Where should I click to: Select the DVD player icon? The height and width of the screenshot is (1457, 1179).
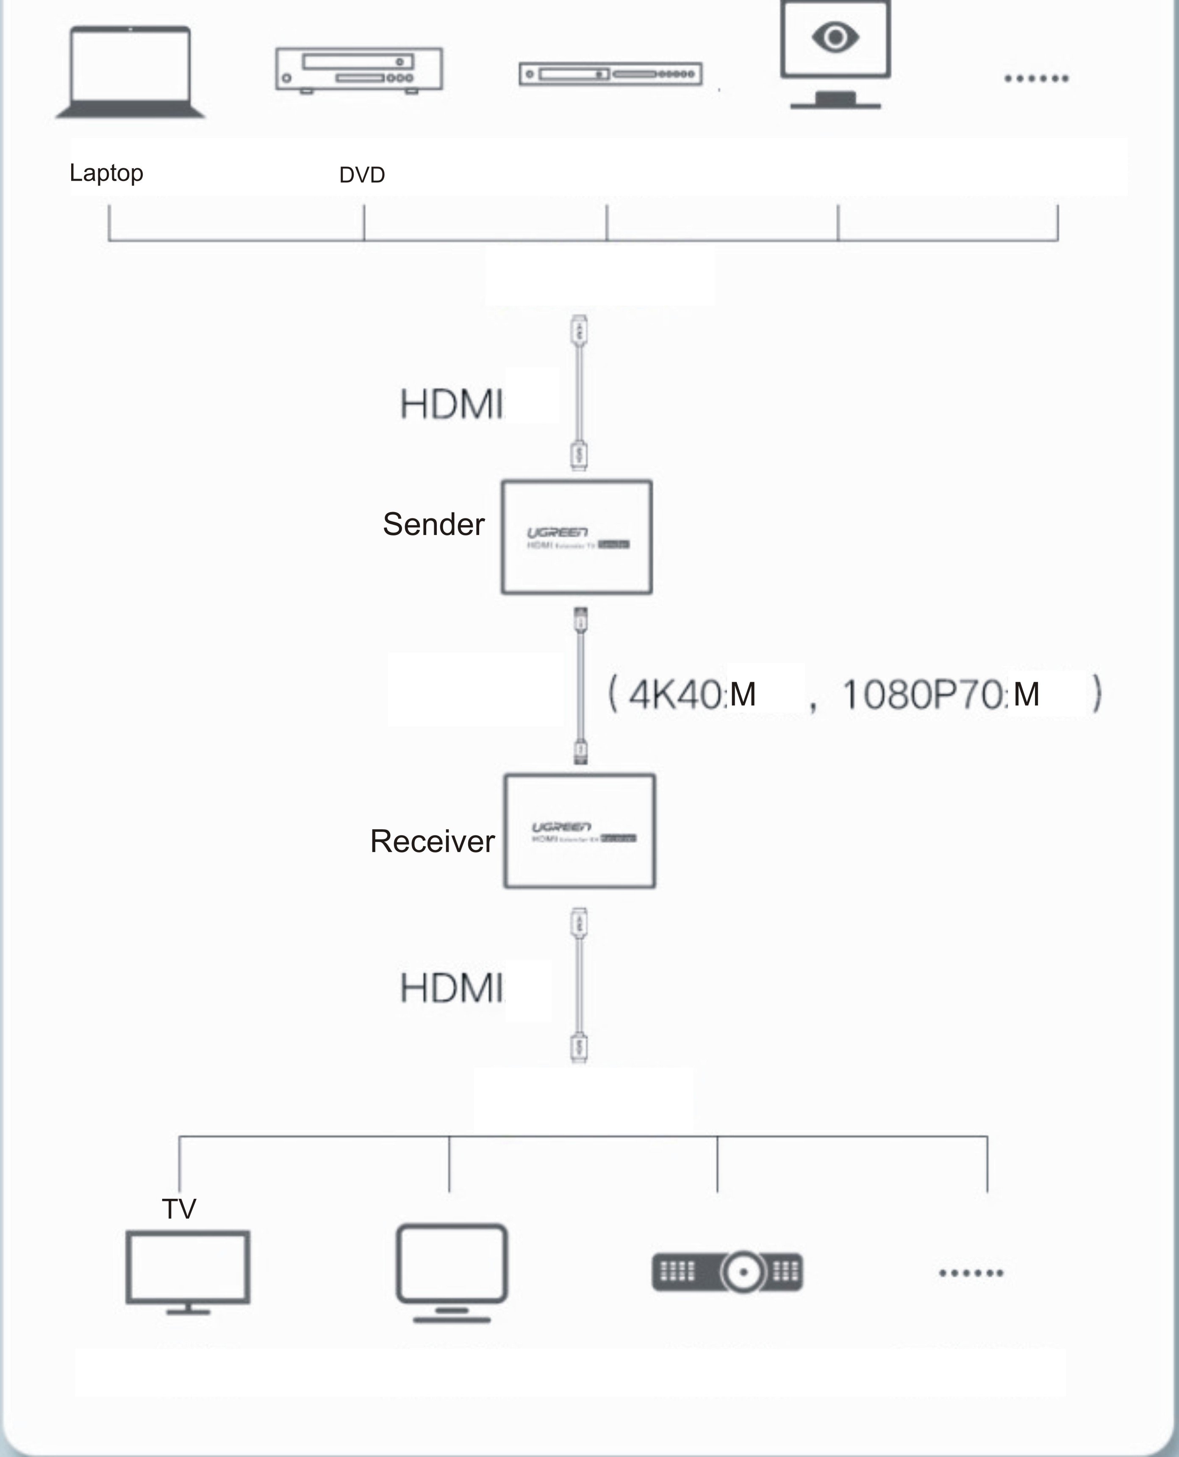point(358,70)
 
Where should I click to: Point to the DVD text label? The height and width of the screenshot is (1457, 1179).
point(362,176)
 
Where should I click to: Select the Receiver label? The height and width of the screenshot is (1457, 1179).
point(432,841)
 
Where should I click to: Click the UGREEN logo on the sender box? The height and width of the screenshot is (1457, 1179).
point(557,532)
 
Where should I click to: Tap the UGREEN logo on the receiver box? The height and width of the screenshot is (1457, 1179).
point(561,826)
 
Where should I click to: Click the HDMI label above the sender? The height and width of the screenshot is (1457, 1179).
point(451,404)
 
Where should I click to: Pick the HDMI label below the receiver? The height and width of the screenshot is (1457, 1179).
point(451,988)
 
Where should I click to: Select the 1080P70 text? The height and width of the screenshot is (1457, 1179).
point(922,694)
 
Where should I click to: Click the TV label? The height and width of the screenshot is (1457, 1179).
point(179,1209)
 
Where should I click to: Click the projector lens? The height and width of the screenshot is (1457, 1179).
point(743,1271)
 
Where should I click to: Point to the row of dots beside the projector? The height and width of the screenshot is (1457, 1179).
point(971,1273)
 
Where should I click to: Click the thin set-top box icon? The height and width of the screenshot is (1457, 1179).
point(610,73)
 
